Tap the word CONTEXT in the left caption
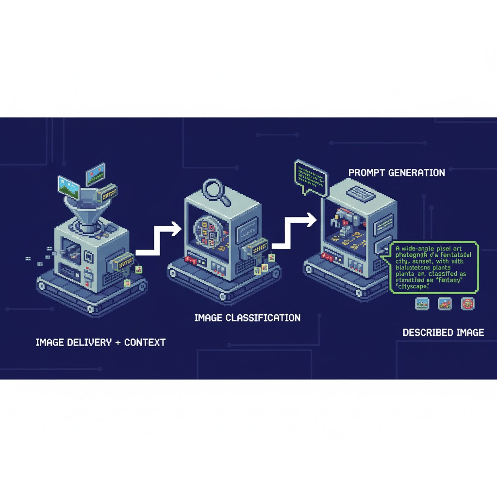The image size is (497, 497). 145,342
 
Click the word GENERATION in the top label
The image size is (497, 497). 418,173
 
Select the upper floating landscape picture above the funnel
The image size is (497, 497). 96,177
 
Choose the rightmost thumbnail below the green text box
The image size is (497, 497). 467,304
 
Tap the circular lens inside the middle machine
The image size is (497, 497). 207,231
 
